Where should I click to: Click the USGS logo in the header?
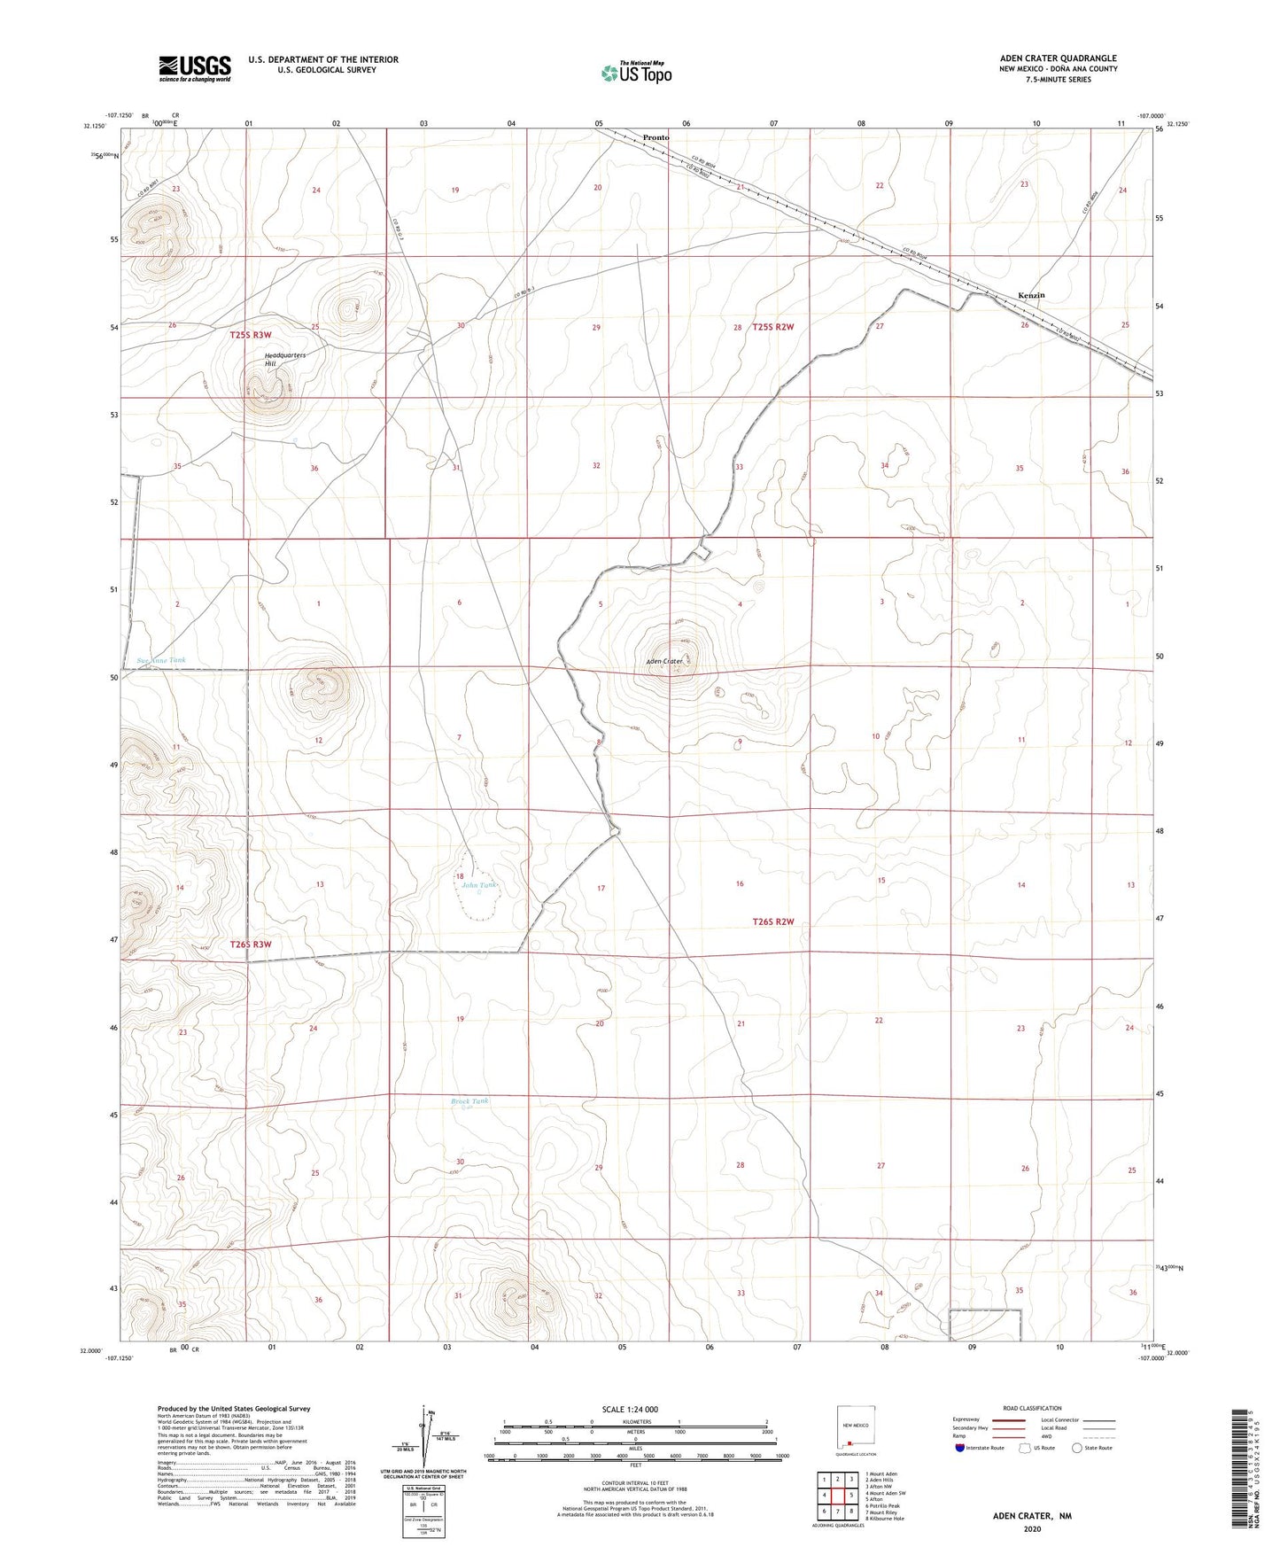(194, 67)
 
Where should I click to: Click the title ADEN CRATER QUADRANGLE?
(1058, 58)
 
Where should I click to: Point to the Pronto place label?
(656, 137)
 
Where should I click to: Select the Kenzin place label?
(1030, 295)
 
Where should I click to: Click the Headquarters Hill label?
(284, 359)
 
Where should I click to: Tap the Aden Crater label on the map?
(663, 661)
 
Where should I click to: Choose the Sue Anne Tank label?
(161, 661)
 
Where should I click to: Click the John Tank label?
(480, 885)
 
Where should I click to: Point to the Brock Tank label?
(469, 1101)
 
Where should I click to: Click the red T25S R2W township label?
(773, 327)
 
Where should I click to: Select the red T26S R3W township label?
(251, 945)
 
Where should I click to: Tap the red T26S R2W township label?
(773, 922)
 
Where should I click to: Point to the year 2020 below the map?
(1031, 1528)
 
